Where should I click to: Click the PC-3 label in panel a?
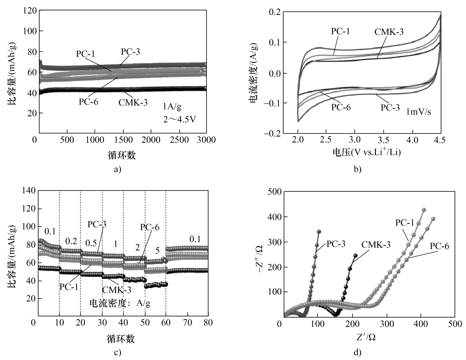point(130,52)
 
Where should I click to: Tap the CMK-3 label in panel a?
point(133,102)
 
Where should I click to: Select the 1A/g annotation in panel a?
point(172,106)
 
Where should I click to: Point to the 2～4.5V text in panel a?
point(179,119)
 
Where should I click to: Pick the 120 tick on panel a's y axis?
point(30,11)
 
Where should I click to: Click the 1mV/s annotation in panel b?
point(419,112)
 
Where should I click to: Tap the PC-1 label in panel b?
point(340,31)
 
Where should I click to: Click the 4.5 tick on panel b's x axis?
point(440,140)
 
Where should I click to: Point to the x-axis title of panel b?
point(366,152)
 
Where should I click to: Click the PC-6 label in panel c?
point(150,227)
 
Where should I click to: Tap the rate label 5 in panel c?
point(157,251)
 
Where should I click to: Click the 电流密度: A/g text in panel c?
point(120,303)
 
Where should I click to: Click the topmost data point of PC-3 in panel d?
point(319,232)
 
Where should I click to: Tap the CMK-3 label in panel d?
point(376,244)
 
